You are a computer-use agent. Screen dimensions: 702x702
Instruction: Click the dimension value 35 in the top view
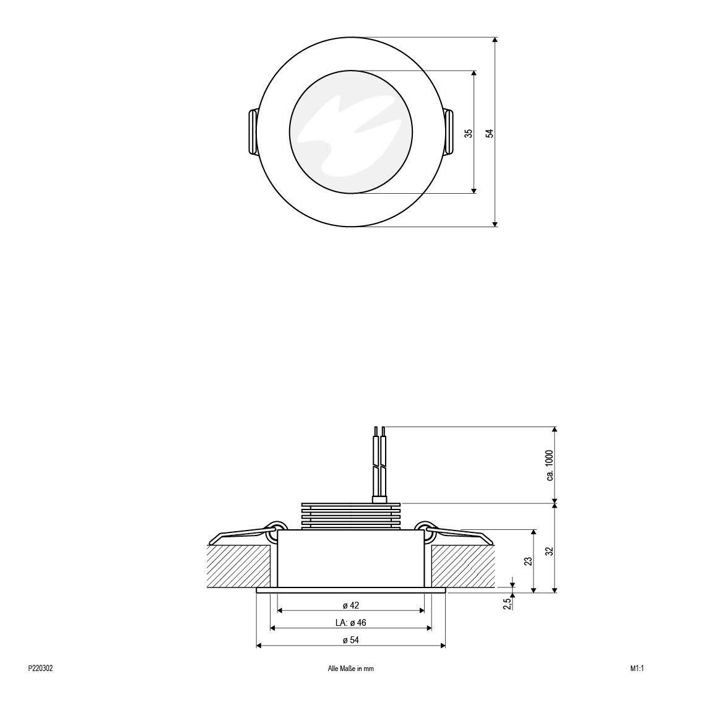pos(469,132)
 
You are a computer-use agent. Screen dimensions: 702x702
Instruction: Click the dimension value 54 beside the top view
pos(489,132)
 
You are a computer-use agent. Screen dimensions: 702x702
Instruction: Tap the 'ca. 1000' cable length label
pos(549,466)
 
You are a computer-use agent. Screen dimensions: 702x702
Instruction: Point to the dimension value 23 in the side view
pos(527,561)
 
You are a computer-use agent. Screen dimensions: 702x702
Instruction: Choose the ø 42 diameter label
pos(350,605)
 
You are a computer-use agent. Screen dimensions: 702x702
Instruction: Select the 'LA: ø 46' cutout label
pos(350,623)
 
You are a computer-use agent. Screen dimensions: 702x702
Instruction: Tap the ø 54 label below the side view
pos(350,640)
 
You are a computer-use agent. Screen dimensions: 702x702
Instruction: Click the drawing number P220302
pos(41,669)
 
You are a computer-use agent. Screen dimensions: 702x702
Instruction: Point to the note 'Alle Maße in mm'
pos(350,669)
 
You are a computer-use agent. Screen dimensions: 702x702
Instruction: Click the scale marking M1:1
pos(638,669)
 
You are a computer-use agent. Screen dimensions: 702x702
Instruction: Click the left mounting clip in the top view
pos(253,132)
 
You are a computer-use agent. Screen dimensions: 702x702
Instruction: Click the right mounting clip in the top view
pos(449,132)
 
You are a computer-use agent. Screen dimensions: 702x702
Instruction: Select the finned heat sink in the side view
pos(350,516)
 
